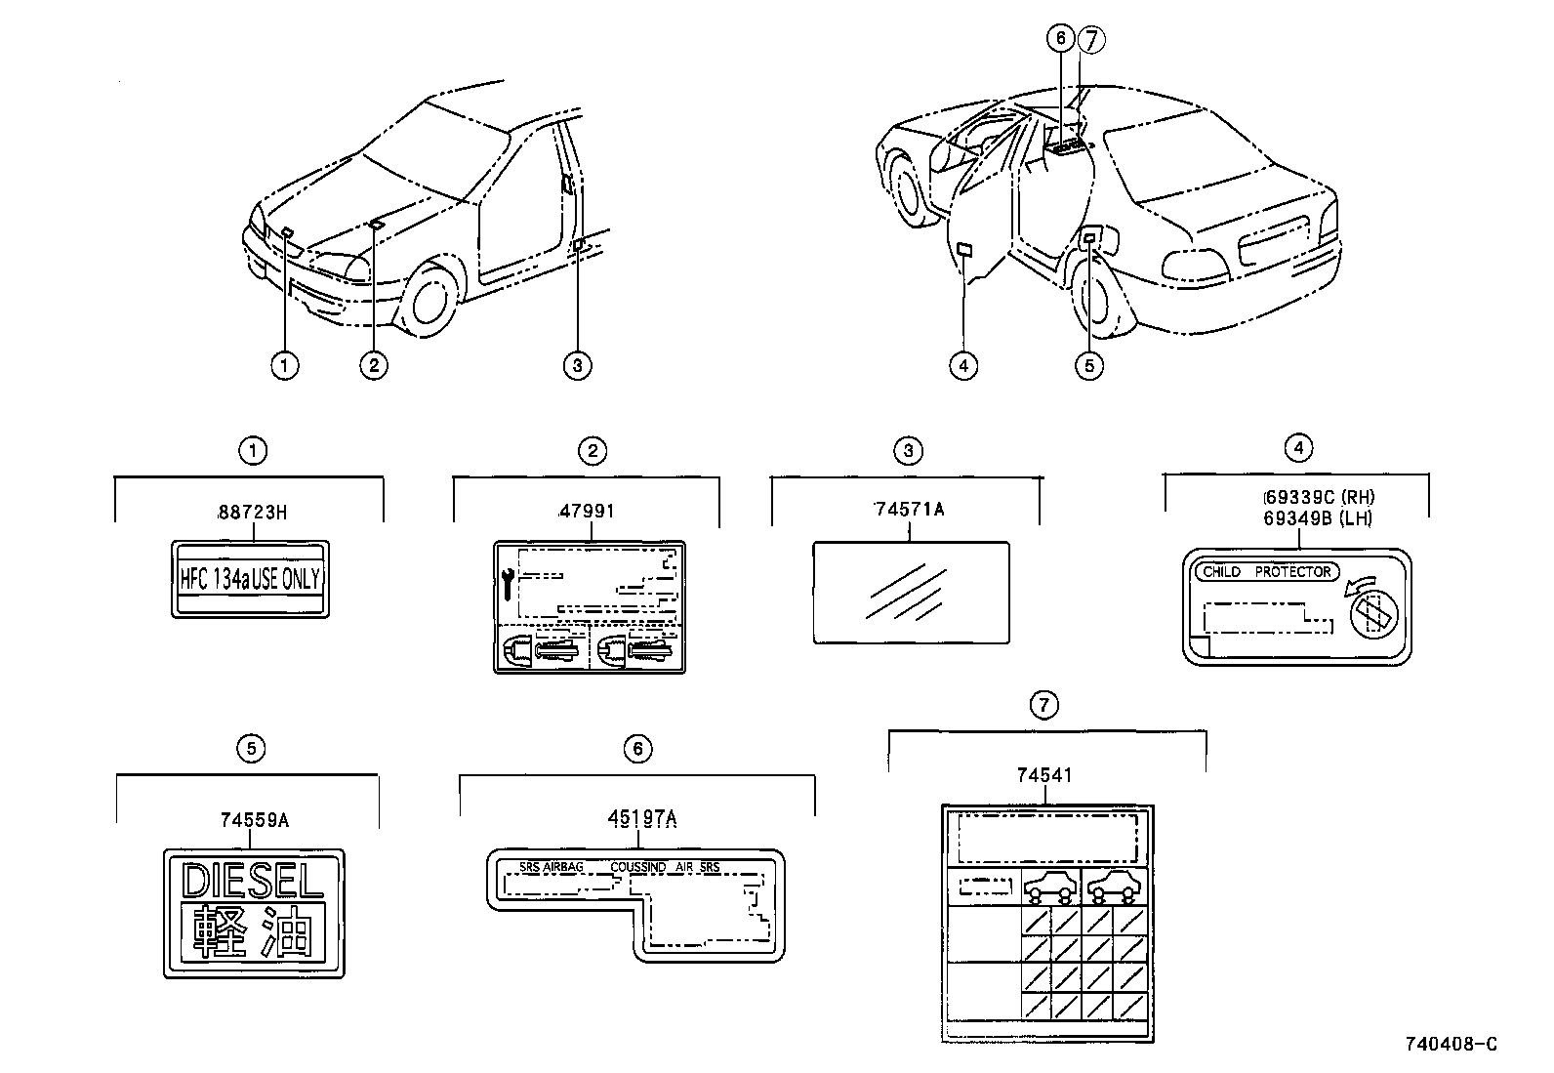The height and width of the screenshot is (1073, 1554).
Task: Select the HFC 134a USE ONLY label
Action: click(251, 579)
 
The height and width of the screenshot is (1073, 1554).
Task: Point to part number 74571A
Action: click(909, 509)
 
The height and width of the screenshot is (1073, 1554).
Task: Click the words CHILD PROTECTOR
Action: click(1266, 572)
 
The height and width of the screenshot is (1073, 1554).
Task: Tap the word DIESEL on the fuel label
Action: click(253, 882)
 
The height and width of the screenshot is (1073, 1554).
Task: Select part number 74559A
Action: click(254, 820)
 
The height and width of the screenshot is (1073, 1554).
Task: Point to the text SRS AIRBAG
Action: click(552, 867)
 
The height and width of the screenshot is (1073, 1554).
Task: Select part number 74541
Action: click(1043, 775)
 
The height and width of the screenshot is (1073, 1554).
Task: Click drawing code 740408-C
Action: click(1451, 1044)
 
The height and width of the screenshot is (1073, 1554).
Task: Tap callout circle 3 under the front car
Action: click(577, 366)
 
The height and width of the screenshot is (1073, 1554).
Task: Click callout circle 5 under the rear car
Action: click(1088, 366)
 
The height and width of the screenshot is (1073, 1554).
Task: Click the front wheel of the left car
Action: click(430, 299)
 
